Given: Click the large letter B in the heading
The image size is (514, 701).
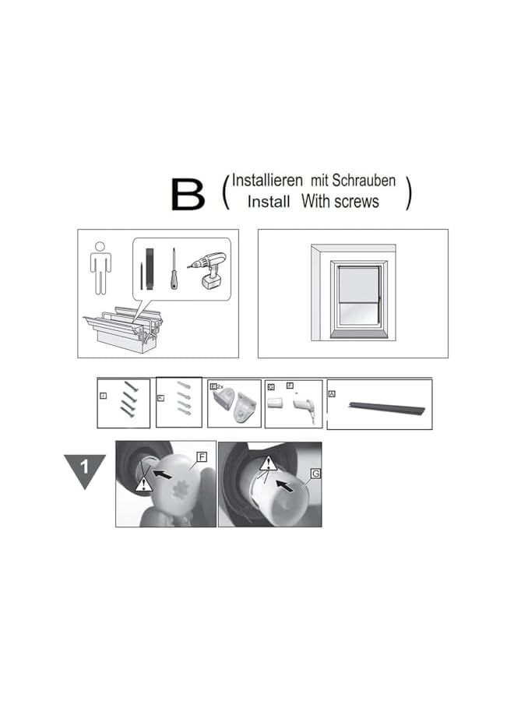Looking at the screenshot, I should (x=188, y=194).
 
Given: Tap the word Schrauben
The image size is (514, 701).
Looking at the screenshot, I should (x=364, y=181).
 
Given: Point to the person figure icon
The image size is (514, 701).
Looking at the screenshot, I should (x=100, y=269).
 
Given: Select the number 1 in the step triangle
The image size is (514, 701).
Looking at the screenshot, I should (x=83, y=468).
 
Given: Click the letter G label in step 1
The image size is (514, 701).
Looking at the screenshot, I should (x=315, y=473).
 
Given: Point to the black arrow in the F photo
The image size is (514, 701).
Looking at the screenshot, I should (x=163, y=472).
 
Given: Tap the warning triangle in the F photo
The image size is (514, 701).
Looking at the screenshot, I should (x=143, y=484).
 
